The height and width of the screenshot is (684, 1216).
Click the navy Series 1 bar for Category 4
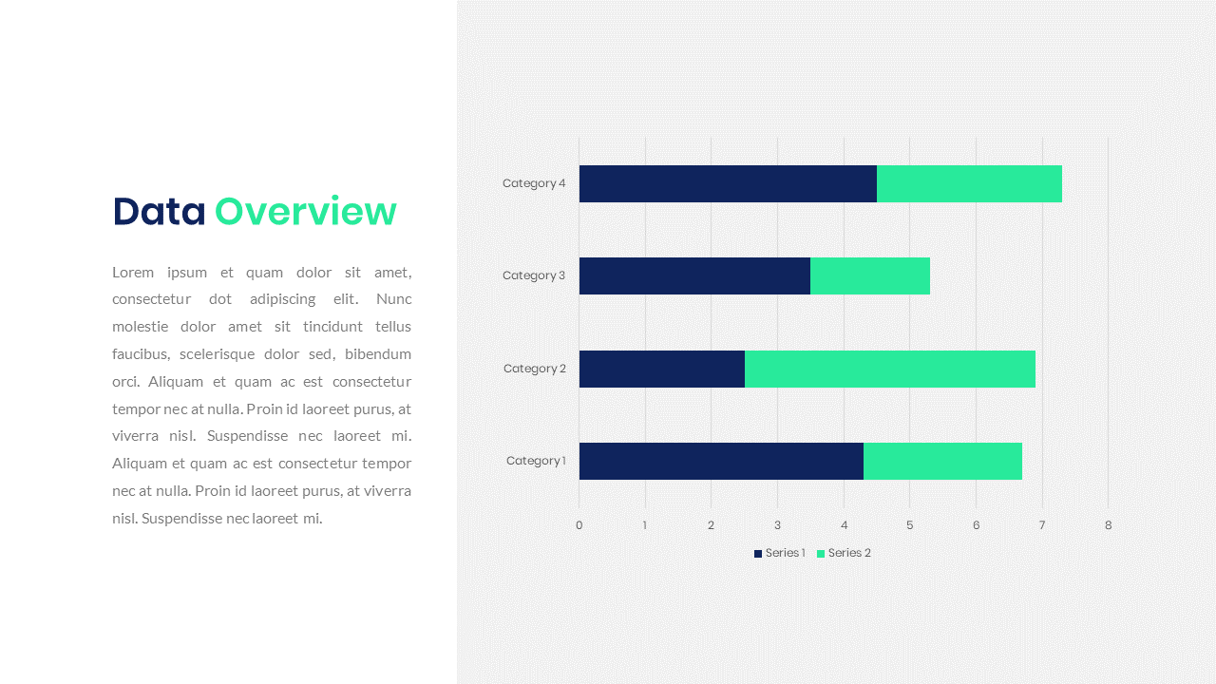pos(728,183)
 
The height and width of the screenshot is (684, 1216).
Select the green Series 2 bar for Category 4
pos(969,183)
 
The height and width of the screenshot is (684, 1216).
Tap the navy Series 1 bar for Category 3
pos(694,275)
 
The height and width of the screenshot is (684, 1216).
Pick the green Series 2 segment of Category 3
pos(870,275)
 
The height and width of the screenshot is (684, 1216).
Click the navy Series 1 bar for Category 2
pos(662,369)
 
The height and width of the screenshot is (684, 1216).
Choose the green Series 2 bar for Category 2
pos(890,369)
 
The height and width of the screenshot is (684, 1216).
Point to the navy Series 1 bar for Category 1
pos(721,461)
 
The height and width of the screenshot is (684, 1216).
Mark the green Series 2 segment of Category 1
pos(942,461)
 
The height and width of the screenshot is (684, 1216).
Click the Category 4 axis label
pos(534,183)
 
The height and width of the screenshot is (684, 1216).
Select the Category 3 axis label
pos(534,275)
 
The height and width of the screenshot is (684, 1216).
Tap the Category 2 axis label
pos(535,369)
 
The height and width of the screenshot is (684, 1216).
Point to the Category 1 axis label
pos(536,461)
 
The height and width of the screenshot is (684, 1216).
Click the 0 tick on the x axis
pos(579,525)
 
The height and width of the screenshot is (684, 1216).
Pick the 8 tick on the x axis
pos(1108,525)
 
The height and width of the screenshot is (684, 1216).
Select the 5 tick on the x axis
pos(909,525)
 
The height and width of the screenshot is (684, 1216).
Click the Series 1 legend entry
pos(780,553)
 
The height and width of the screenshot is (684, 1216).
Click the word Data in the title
pos(159,211)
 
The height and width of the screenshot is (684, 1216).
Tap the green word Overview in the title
pos(306,211)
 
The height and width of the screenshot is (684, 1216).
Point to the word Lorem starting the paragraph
pos(133,272)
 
